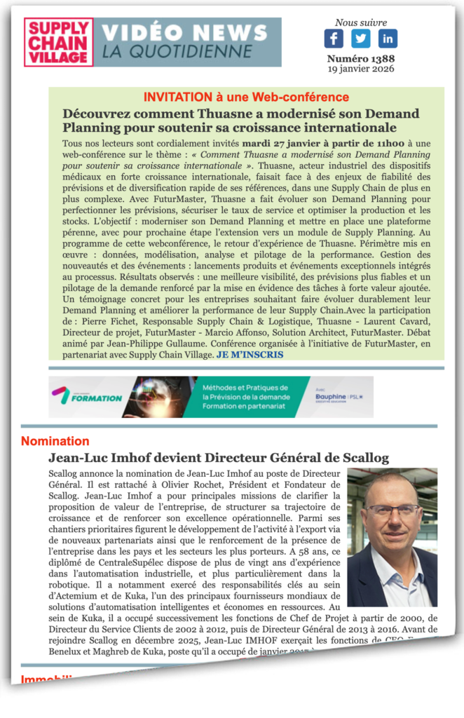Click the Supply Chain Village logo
58,43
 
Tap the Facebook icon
334,39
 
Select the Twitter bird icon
361,39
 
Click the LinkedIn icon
388,39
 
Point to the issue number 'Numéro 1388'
360,59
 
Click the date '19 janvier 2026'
360,69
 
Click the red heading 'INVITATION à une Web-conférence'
246,97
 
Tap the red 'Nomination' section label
55,441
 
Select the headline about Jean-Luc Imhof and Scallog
219,458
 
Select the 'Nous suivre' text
360,23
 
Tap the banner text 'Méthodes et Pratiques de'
245,387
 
